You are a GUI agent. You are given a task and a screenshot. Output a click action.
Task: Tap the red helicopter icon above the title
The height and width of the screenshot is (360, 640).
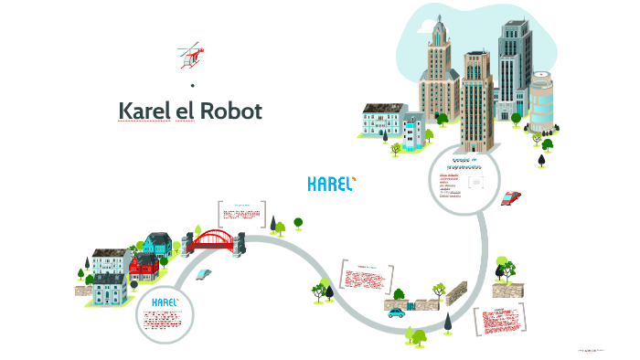(x=191, y=56)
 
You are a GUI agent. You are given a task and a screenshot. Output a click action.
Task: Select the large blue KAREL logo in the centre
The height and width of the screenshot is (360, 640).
(x=331, y=184)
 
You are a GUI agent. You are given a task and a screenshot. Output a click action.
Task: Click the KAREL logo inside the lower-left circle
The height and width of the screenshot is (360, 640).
(x=165, y=302)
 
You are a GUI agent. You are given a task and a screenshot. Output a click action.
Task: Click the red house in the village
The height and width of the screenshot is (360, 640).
(x=143, y=268)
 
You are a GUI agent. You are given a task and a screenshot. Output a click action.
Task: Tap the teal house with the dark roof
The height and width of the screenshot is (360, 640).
(x=156, y=244)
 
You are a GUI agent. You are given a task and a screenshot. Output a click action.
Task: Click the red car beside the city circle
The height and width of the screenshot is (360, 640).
(x=511, y=197)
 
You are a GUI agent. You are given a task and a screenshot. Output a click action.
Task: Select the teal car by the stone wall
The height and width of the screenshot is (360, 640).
(x=396, y=312)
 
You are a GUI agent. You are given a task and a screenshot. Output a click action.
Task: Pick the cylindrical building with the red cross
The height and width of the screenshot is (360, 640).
(x=541, y=101)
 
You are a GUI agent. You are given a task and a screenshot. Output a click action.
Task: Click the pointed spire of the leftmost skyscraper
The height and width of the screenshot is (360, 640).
(x=439, y=27)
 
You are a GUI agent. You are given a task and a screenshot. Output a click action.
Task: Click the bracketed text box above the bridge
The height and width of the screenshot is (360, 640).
(x=242, y=215)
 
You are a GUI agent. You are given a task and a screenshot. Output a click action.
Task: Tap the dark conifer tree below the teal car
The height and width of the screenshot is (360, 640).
(x=448, y=323)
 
